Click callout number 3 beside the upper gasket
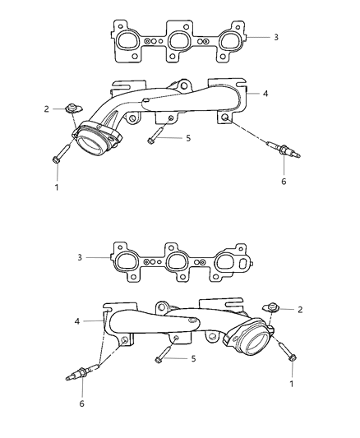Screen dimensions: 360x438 (x=276, y=37)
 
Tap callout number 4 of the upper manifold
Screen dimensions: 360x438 (x=265, y=94)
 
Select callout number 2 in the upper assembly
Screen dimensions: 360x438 (x=46, y=109)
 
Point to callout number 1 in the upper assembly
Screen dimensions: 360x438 (x=57, y=187)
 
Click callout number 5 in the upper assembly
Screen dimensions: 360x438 (x=188, y=138)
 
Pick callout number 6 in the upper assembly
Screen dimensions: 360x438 (x=284, y=182)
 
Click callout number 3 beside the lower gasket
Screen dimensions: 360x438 (x=80, y=257)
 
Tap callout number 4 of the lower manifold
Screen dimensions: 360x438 (x=77, y=321)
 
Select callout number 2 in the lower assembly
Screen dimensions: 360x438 (x=300, y=310)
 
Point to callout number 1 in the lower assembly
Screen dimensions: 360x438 (x=292, y=384)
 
